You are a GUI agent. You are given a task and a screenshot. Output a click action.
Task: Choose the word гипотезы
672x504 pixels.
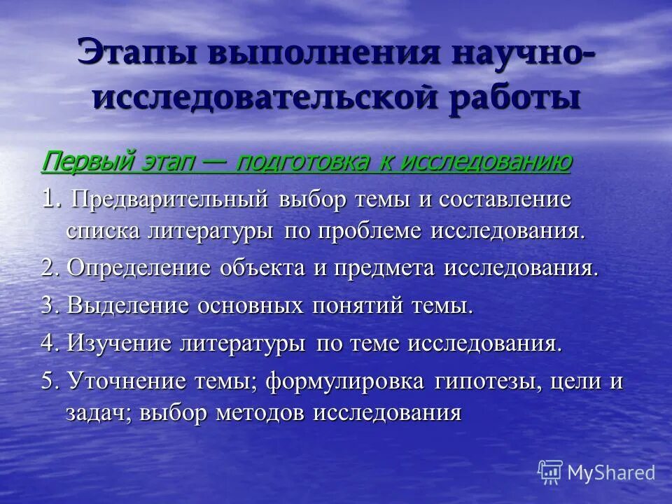click(x=487, y=382)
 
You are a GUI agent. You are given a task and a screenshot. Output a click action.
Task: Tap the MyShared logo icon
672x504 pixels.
click(x=550, y=472)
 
